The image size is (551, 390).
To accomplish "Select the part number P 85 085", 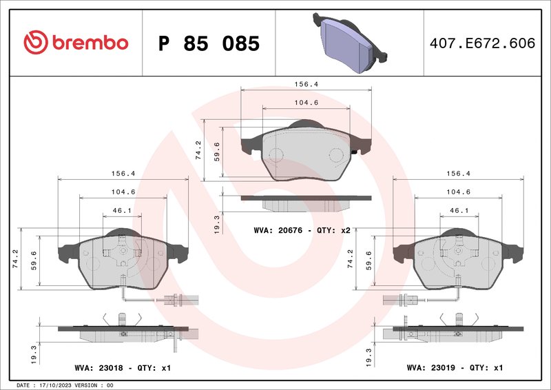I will point(209,43).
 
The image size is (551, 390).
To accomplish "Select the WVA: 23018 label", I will point(96,368).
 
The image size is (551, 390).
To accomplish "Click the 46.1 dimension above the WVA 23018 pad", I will point(122,210).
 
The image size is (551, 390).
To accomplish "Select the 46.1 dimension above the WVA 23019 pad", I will point(459,210).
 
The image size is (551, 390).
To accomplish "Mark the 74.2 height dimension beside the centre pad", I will point(198,150).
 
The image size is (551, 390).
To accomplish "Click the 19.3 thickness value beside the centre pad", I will point(217,224).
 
